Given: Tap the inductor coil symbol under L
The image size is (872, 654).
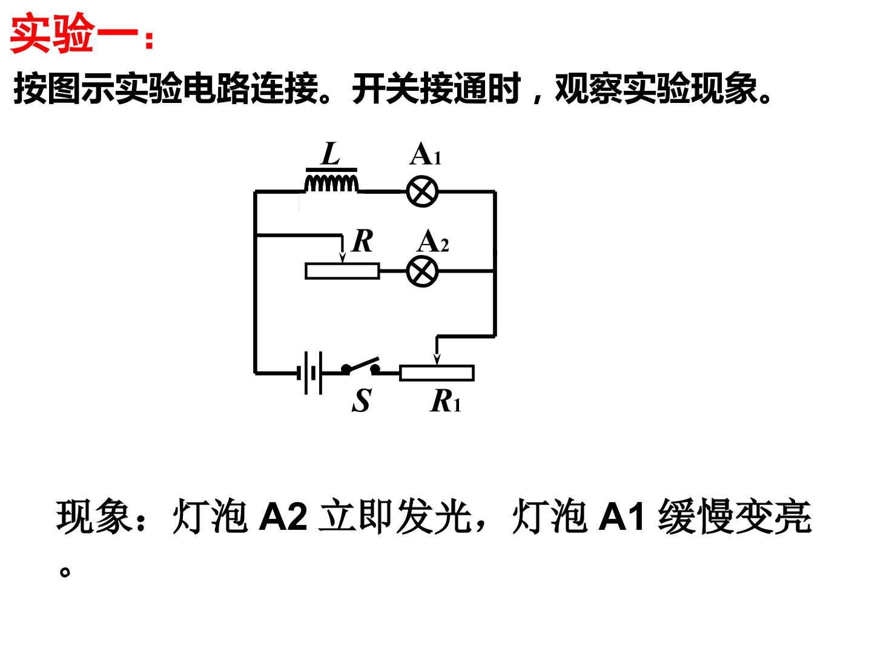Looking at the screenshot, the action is point(331,183).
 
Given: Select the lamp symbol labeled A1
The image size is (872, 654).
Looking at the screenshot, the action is point(422,191).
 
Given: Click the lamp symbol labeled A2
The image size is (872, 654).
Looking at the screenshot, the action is point(422,271).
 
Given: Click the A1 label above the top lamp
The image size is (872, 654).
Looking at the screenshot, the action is point(426,154).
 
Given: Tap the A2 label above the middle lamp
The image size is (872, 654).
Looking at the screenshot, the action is point(433,242).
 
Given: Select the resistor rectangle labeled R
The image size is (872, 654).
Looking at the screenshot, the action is point(343,271).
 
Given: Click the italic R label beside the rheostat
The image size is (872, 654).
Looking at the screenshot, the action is point(362,240).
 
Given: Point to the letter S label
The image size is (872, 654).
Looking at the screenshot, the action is point(362,401).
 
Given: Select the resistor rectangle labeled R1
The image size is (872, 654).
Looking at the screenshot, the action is point(437,373).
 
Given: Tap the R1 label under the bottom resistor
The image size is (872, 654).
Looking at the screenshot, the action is point(445,401).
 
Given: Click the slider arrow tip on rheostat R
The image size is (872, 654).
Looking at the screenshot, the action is point(343,262).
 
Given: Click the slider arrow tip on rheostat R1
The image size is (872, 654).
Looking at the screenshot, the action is point(437,364).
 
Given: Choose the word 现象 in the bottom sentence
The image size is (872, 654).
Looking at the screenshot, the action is point(93,516).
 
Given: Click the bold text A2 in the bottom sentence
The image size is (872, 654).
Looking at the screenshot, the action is point(283,517).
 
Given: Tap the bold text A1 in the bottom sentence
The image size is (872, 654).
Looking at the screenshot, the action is point(621,517).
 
